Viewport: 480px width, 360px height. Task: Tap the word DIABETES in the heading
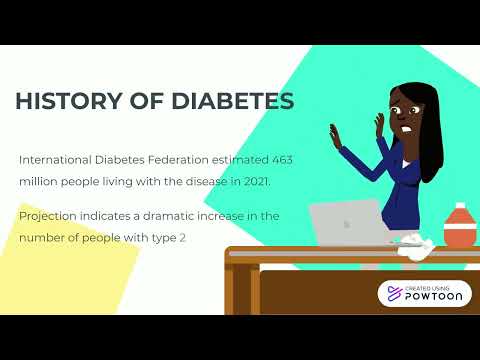[227, 102]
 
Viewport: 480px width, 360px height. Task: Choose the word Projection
[50, 216]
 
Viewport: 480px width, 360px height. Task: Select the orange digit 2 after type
[183, 238]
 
